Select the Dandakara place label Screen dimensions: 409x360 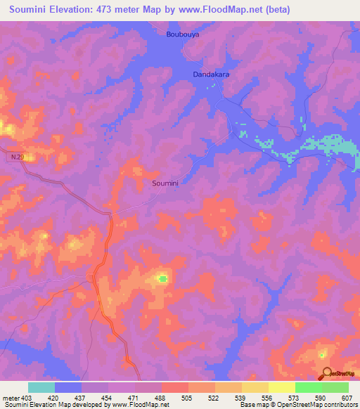(x=212, y=73)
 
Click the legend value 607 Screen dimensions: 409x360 (x=347, y=397)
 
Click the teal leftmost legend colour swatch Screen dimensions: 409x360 (x=41, y=387)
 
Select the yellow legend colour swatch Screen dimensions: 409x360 (x=281, y=387)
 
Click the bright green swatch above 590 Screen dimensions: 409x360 (x=308, y=387)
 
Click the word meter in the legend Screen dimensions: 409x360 (x=11, y=397)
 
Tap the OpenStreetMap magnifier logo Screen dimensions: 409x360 (x=327, y=374)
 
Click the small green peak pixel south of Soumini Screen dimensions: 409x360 (x=163, y=279)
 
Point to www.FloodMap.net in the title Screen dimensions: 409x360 (x=219, y=11)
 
